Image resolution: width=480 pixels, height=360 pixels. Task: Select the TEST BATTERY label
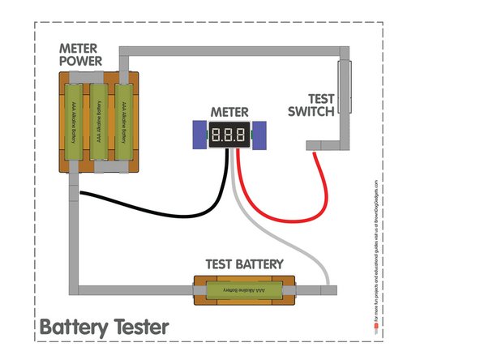point(244,264)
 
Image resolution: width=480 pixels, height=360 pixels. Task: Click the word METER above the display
point(228,110)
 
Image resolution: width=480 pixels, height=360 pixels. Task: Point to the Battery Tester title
point(104,328)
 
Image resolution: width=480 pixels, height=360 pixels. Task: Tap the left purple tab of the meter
point(199,135)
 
